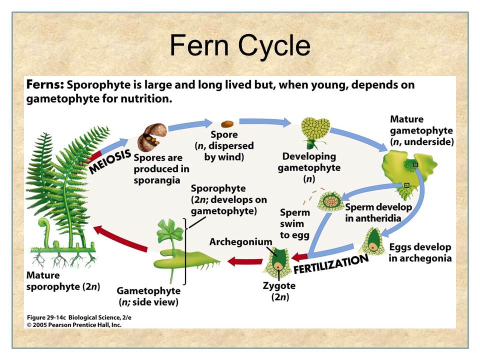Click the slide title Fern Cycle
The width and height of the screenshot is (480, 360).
click(x=240, y=46)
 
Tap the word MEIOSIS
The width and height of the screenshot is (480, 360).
click(x=110, y=161)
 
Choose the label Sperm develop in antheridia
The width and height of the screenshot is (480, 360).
click(x=378, y=212)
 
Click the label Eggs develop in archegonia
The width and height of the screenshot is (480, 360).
click(x=419, y=252)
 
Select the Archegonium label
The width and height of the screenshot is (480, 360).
click(x=240, y=242)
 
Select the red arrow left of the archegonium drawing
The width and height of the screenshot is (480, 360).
click(x=245, y=261)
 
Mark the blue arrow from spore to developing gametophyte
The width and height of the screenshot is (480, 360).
click(x=265, y=122)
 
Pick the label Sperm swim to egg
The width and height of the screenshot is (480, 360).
click(x=294, y=223)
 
